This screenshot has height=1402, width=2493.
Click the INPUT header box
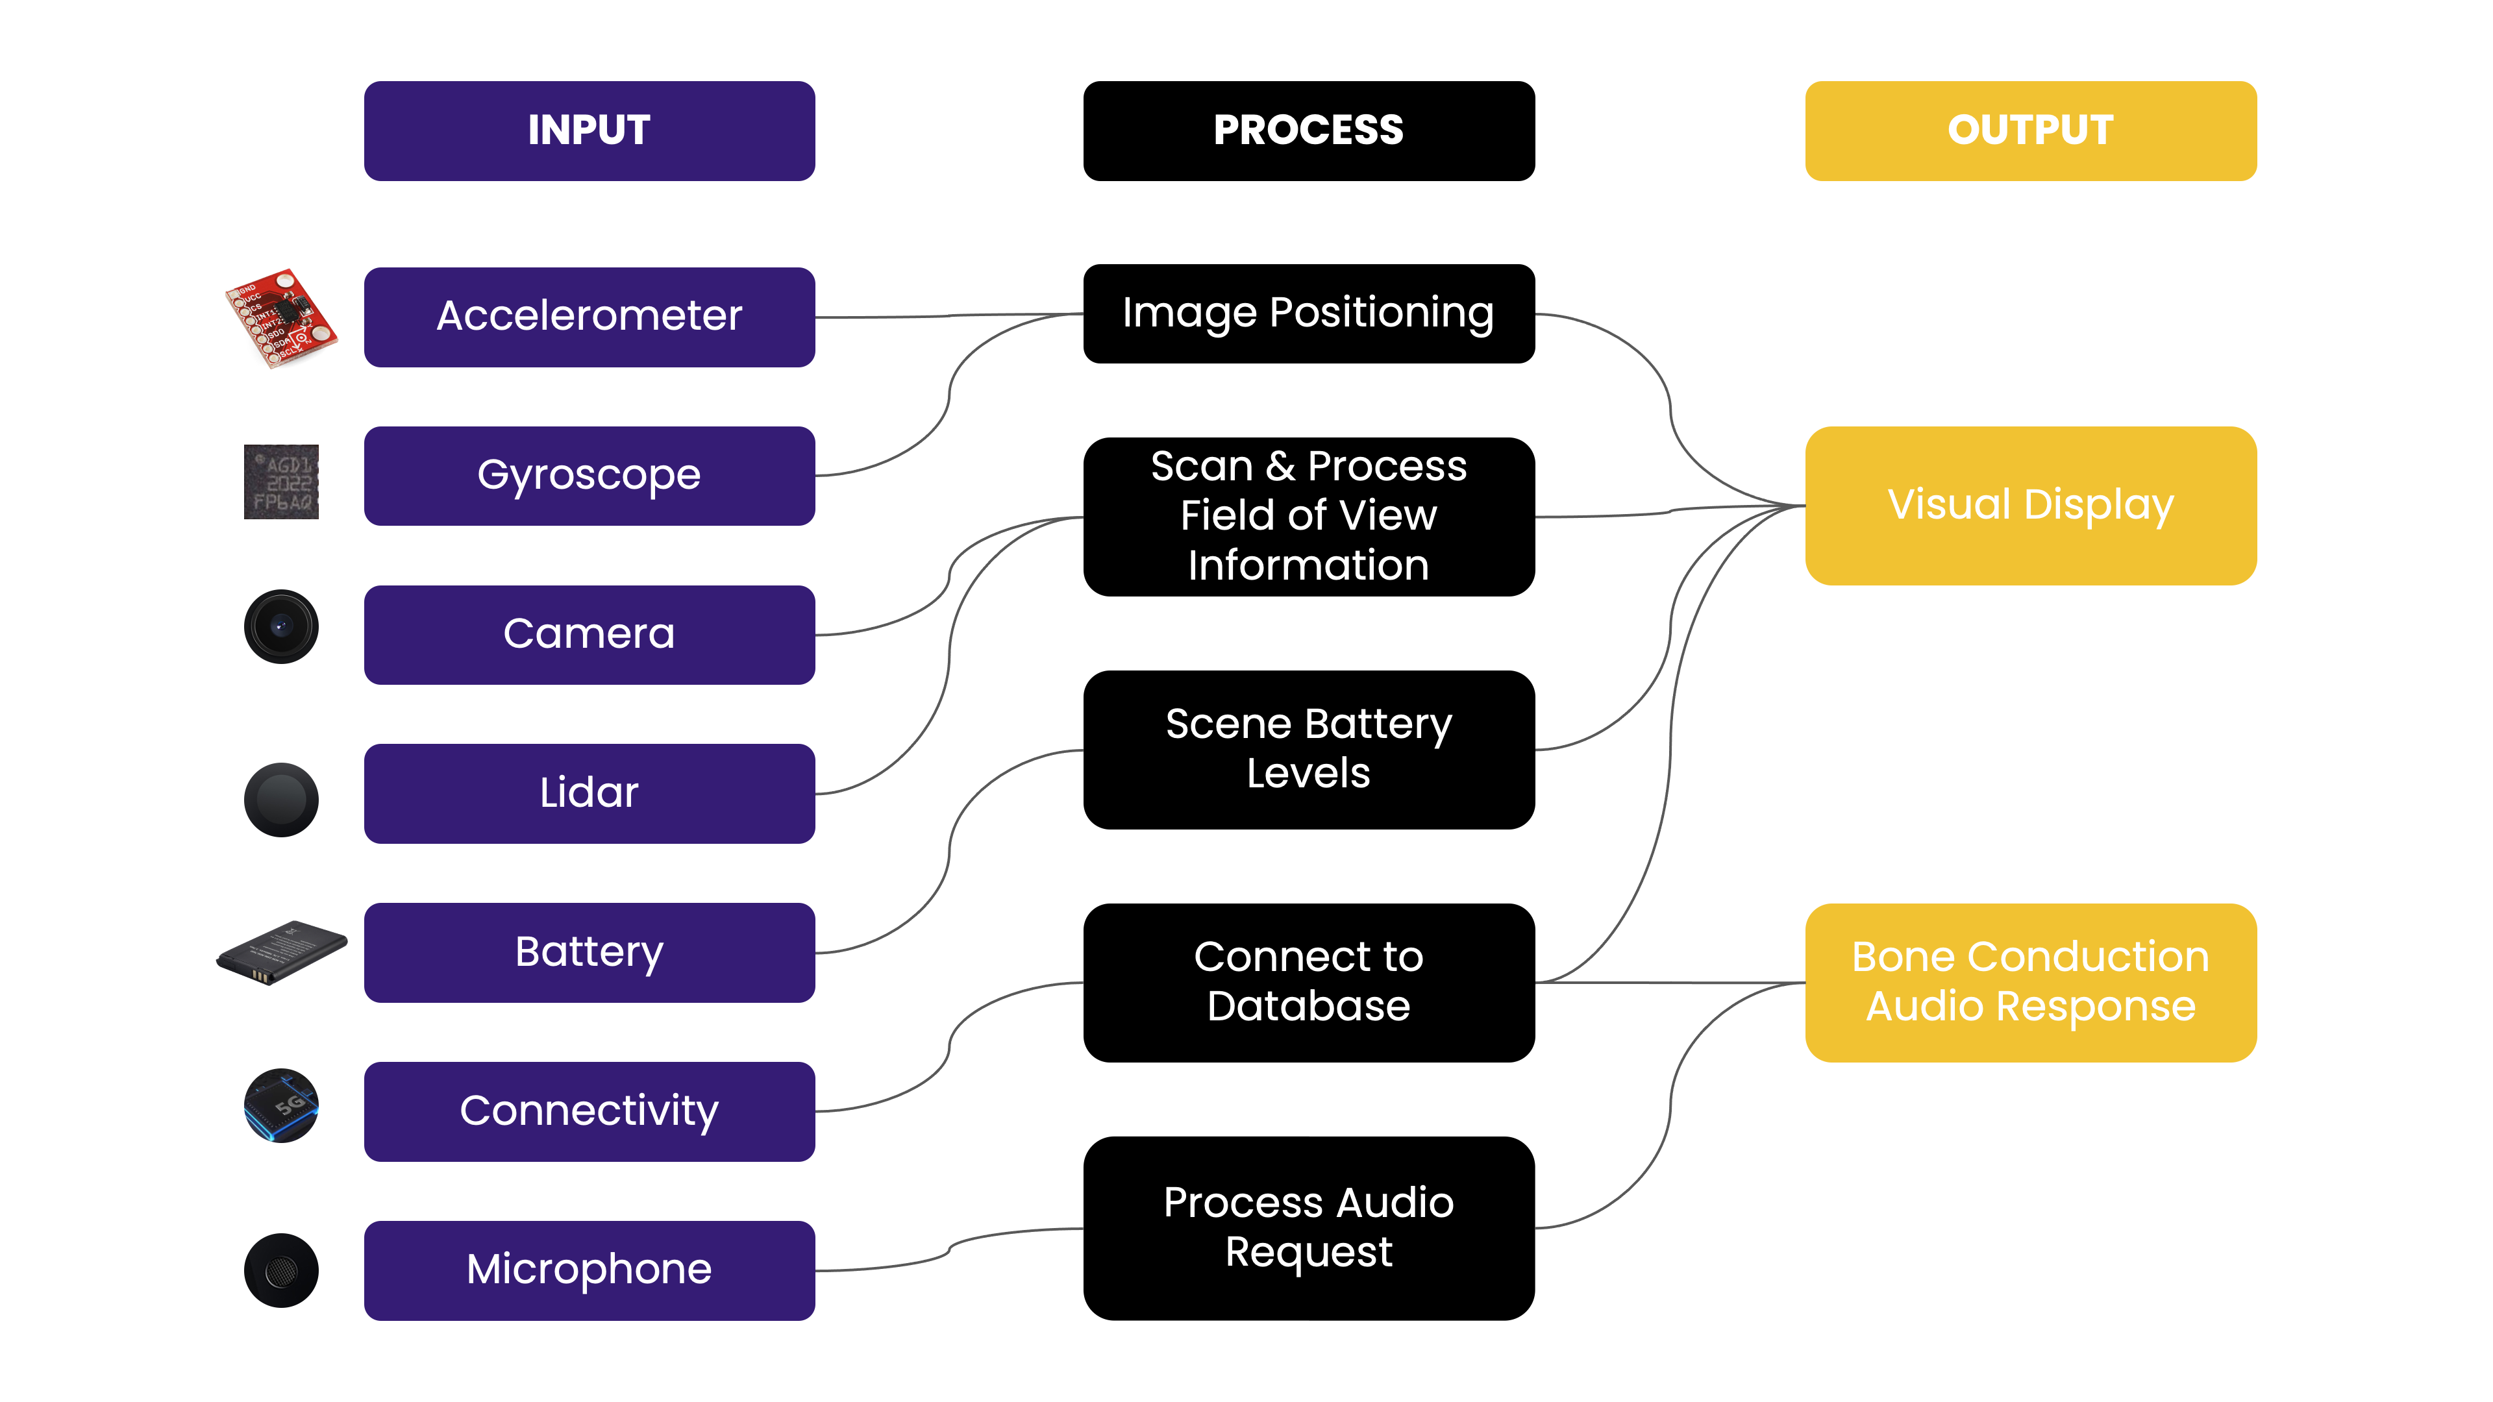589,130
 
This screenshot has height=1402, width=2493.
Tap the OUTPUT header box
2030,130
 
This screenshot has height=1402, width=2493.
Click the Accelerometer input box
589,316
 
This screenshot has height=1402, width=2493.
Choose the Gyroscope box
589,476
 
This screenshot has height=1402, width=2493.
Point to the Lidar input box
589,793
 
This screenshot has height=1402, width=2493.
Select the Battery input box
589,952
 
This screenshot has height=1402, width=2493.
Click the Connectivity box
589,1111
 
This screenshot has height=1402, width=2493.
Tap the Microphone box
589,1270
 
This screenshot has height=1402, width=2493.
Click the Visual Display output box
2030,505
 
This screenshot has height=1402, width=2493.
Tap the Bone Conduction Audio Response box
2030,982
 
